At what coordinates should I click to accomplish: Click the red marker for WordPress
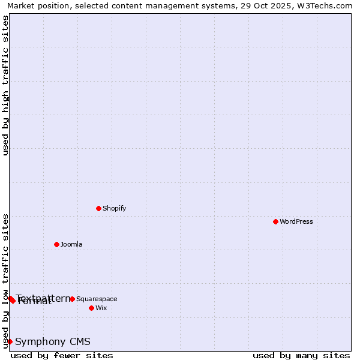(275, 221)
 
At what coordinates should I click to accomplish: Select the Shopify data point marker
(98, 208)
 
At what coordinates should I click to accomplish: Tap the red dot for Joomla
(56, 244)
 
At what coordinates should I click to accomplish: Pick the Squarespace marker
(72, 299)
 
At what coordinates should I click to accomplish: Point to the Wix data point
(91, 308)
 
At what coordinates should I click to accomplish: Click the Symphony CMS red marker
(10, 341)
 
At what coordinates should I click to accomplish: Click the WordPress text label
(296, 221)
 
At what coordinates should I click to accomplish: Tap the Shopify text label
(114, 208)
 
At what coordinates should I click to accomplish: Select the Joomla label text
(71, 244)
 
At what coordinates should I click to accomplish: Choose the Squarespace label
(97, 299)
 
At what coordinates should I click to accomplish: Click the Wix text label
(101, 308)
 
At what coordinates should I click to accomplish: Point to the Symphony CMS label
(53, 341)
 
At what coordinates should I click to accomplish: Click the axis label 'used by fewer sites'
(62, 355)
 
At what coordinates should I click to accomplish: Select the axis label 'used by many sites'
(301, 355)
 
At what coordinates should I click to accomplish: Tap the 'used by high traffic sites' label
(5, 85)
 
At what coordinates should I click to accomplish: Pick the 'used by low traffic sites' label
(5, 281)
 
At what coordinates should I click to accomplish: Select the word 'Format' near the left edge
(35, 302)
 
